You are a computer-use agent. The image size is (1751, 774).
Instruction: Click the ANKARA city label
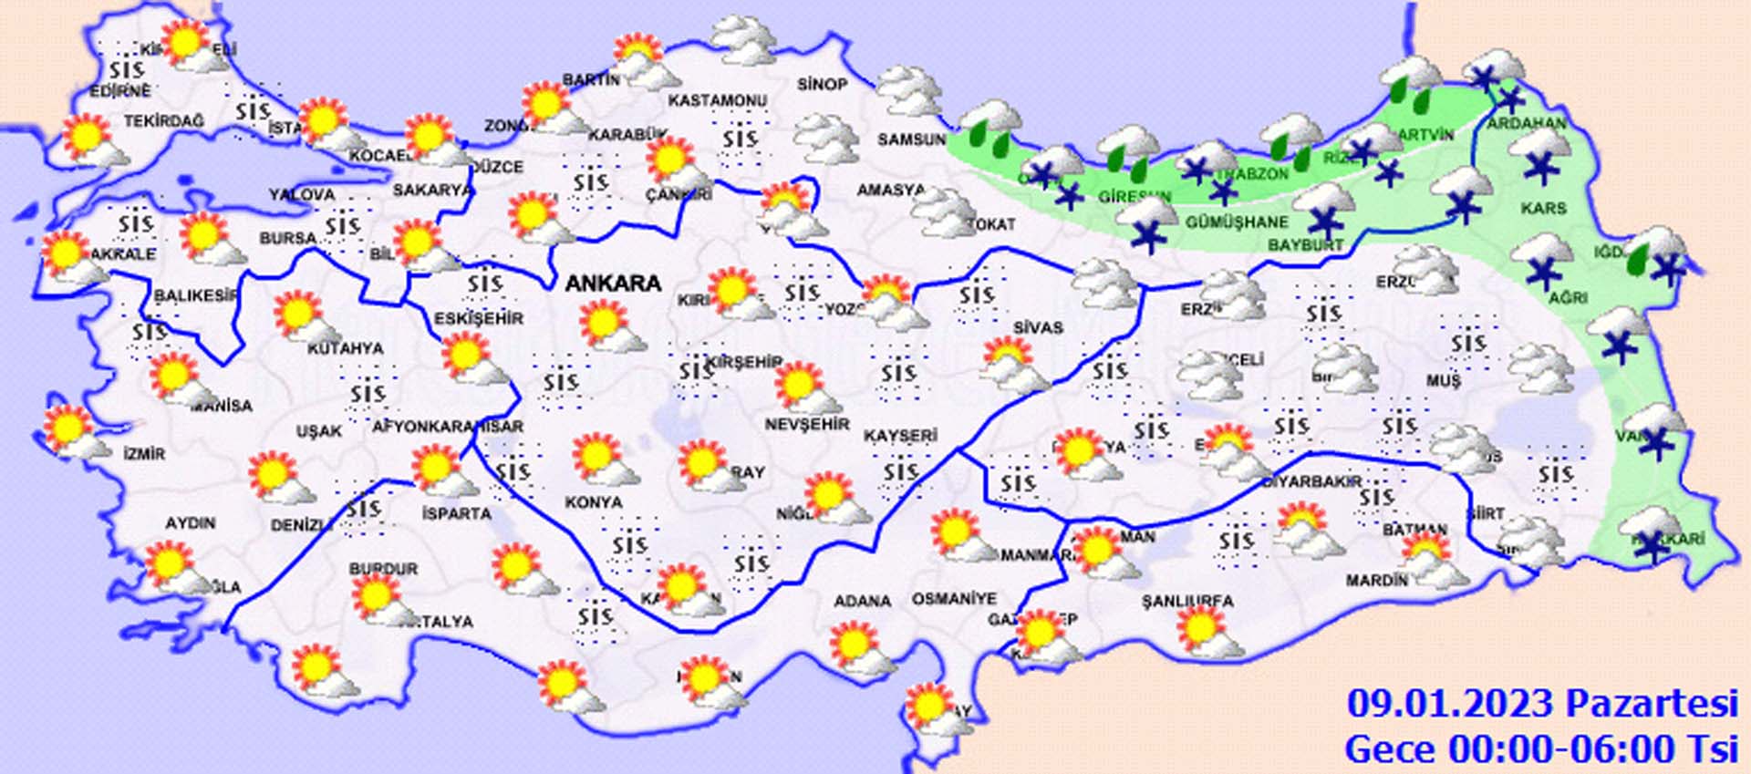tap(613, 284)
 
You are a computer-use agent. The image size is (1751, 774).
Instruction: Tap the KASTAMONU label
tap(718, 100)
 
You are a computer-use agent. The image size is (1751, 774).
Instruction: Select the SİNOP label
tap(823, 84)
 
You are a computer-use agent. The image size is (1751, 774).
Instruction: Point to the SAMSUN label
tap(912, 139)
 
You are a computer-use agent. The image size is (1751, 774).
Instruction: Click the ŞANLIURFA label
tap(1187, 602)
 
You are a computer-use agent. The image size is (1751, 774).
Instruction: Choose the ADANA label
tap(862, 601)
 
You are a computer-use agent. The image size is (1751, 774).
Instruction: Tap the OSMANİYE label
tap(954, 599)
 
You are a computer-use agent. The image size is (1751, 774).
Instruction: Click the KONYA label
tap(594, 502)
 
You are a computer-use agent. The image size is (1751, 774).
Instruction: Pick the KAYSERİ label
tap(900, 436)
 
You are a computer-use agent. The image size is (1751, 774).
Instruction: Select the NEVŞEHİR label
tap(807, 425)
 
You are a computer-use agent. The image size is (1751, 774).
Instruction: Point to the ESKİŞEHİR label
tap(479, 318)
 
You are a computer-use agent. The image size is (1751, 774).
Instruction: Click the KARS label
tap(1543, 209)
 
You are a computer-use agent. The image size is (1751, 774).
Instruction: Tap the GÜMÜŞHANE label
tap(1237, 222)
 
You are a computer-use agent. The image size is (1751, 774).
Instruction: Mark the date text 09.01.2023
tap(1450, 704)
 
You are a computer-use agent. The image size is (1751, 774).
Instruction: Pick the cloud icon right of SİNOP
tap(909, 89)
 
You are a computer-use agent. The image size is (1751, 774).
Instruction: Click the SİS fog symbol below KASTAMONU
tap(741, 139)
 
